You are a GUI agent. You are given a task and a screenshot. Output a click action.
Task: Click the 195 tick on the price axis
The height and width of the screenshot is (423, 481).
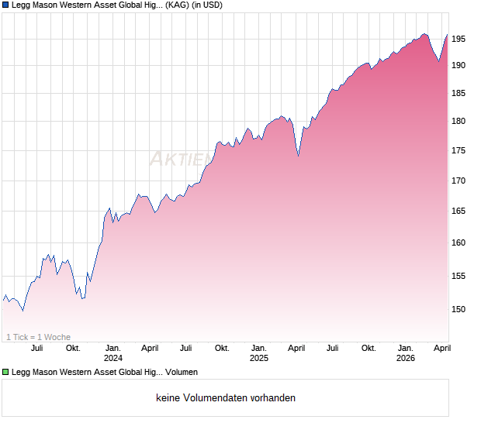tap(459, 39)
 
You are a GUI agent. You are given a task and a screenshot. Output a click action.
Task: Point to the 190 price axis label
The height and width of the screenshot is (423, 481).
tap(459, 65)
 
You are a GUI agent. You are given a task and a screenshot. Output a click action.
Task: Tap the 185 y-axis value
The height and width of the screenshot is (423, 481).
tap(459, 93)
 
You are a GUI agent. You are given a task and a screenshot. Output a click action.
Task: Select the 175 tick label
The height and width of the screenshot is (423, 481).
tap(459, 150)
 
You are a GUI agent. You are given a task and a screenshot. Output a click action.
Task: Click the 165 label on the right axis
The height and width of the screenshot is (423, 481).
tap(459, 211)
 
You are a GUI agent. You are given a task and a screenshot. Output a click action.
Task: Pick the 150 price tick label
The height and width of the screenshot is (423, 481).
tap(459, 309)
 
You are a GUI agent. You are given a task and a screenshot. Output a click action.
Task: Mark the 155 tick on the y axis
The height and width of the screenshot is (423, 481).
tap(459, 276)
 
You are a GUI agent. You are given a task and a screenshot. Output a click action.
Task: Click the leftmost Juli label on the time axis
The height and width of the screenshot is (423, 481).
tap(37, 348)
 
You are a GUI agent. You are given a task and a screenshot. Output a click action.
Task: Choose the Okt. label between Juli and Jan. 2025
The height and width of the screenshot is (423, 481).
tap(222, 348)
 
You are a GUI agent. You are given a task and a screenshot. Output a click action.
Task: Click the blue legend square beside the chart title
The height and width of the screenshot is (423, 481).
tap(5, 5)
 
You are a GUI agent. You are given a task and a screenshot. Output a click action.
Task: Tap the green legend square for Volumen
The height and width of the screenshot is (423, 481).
tap(5, 373)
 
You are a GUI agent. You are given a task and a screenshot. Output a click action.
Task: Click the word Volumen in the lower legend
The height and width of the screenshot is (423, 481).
tap(181, 373)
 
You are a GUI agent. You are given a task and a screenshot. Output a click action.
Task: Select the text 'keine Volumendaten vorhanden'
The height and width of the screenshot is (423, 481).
tap(226, 398)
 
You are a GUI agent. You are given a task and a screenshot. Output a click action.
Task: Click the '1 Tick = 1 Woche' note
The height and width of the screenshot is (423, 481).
tap(38, 337)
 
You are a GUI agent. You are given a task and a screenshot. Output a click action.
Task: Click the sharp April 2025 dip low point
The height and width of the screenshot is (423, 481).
tap(299, 156)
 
